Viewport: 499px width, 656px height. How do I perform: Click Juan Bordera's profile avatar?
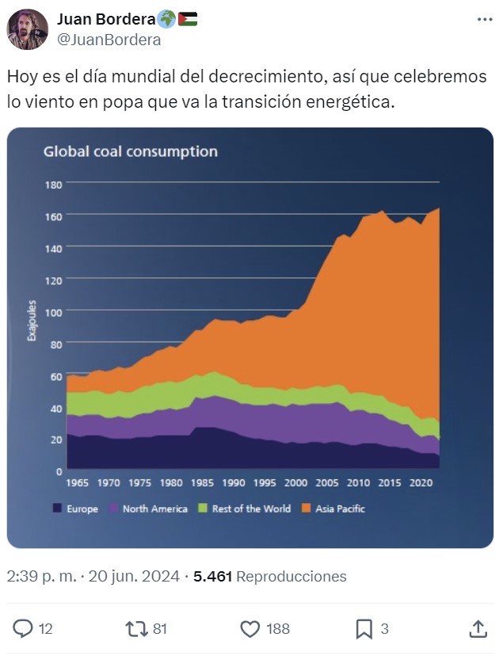(x=28, y=29)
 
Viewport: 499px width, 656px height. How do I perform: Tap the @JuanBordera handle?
(x=109, y=40)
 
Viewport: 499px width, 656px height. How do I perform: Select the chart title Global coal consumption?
(x=130, y=151)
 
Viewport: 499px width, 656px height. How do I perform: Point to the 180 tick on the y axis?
(x=53, y=184)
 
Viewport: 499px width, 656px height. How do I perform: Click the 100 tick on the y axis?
(x=53, y=312)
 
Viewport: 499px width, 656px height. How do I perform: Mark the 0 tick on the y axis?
(x=59, y=471)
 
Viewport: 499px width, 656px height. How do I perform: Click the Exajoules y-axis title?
(x=32, y=320)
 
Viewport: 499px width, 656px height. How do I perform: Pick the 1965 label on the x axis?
(x=78, y=482)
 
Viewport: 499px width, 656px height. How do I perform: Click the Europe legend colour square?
(x=57, y=509)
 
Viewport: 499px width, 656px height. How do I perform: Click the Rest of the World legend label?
(x=251, y=509)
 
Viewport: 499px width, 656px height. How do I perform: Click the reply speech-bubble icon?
(x=24, y=629)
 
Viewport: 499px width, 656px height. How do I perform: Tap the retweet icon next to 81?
(x=136, y=629)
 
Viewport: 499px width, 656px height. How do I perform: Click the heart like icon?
(x=250, y=629)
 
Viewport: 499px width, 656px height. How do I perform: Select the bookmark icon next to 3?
(x=364, y=629)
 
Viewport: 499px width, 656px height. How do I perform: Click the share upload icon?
(x=478, y=629)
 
